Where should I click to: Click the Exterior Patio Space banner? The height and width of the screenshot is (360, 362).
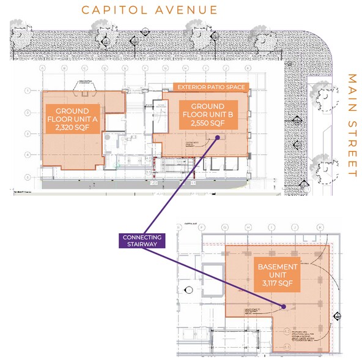tap(210, 88)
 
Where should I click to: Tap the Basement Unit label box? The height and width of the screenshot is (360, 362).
tap(278, 271)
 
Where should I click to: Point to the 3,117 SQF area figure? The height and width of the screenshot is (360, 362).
tap(278, 285)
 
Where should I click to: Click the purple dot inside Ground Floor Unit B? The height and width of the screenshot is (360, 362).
tap(218, 138)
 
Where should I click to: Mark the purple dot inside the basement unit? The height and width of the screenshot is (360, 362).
tap(284, 306)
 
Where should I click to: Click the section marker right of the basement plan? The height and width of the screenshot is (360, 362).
tap(338, 316)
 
